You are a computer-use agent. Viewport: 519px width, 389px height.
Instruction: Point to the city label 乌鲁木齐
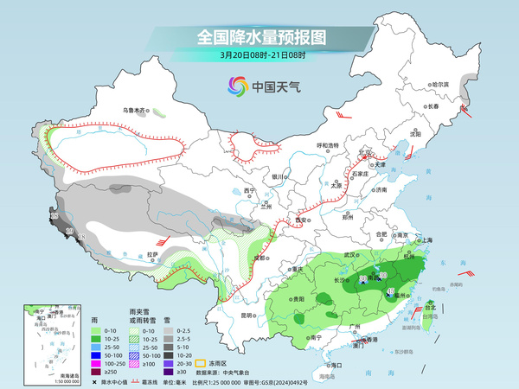click(134, 111)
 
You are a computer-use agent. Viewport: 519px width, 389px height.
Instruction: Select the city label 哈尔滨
click(441, 84)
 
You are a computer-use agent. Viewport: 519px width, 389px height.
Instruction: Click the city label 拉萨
click(152, 254)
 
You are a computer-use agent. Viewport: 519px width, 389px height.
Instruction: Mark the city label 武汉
click(350, 255)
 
